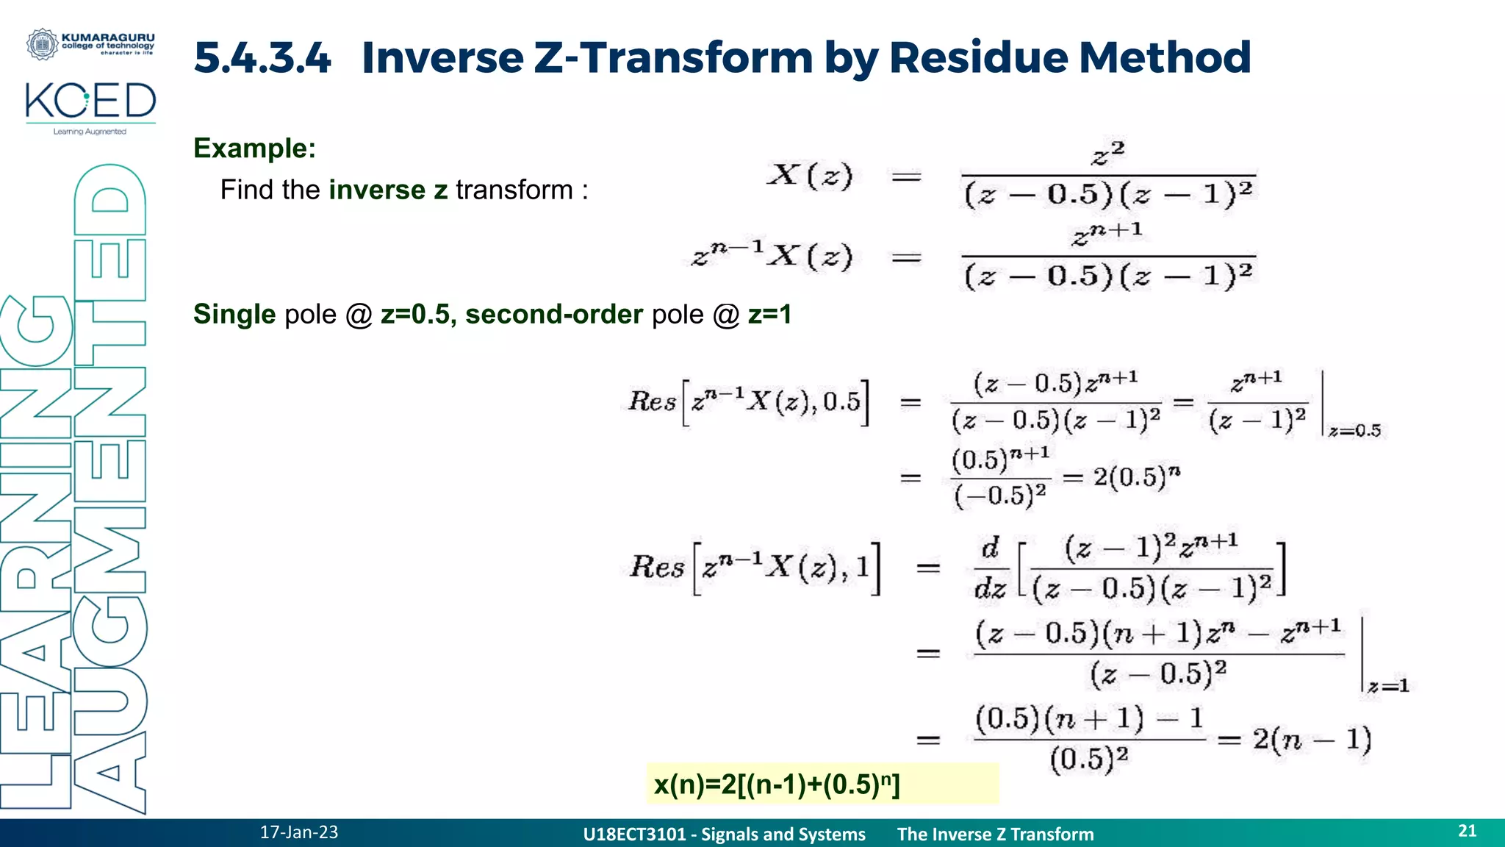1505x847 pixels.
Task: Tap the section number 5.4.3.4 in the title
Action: pos(262,57)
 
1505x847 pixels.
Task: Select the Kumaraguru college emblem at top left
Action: pos(42,44)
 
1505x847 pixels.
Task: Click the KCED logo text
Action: pos(90,101)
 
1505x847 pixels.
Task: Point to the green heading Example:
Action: pos(254,149)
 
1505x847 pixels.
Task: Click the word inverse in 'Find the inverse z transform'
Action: pos(377,190)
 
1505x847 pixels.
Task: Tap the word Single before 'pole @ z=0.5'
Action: pos(234,314)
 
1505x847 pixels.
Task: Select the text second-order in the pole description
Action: pos(554,314)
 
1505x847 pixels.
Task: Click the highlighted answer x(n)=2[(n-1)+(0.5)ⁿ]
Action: pos(777,785)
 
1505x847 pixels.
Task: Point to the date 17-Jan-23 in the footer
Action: pos(299,832)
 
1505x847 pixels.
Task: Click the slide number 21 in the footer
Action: pos(1467,831)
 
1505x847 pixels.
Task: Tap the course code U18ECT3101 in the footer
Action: pos(633,835)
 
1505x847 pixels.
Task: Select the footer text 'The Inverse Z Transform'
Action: pos(995,835)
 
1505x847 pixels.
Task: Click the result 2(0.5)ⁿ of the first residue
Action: pos(1136,477)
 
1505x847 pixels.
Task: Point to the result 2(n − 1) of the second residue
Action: pos(1312,739)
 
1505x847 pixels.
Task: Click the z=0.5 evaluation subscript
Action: pos(1354,431)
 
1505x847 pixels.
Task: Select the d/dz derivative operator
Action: pos(990,568)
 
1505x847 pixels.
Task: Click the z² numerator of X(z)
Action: pos(1108,154)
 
